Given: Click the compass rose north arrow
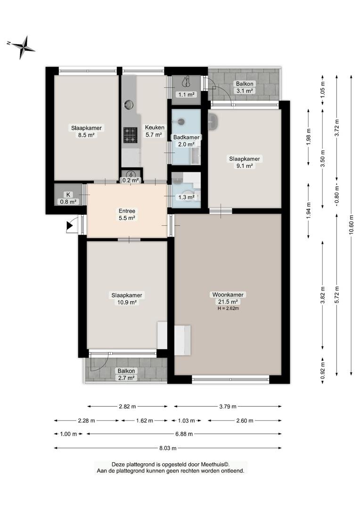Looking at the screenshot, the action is coord(22,47).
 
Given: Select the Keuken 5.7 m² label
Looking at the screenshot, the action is coord(155,131).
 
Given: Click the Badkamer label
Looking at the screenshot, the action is coord(186,137).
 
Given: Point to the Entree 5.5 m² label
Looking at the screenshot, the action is coord(127,214).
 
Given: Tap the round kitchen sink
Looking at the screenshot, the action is coord(129,105).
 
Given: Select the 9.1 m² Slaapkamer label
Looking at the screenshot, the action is coord(245,162).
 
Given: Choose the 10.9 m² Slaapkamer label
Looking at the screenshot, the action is coord(127,299).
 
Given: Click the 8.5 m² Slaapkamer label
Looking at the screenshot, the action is coord(86,131).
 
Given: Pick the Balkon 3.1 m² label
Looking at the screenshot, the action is coord(245,87).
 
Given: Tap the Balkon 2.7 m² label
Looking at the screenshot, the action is coord(126,374).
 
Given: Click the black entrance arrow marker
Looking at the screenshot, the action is coord(69,226).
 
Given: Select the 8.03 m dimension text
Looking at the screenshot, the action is coord(168,448).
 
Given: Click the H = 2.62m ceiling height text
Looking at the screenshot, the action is coord(228,308).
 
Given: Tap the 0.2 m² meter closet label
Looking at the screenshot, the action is coord(131,180).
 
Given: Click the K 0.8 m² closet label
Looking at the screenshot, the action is coord(68,198).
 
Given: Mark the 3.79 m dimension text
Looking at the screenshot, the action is coord(228,406).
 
